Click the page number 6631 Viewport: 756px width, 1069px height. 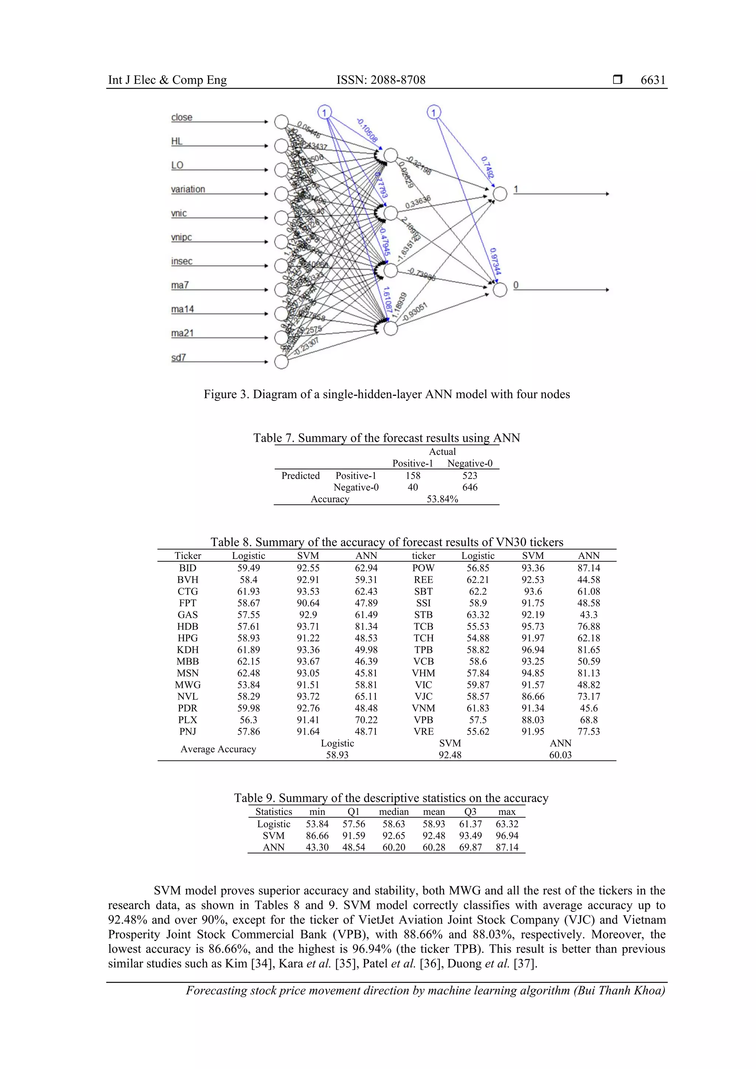[653, 80]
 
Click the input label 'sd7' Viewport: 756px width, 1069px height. [178, 358]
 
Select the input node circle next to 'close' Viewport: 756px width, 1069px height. [281, 122]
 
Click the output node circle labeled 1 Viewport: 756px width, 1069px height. [500, 194]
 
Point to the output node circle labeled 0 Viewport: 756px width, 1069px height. [500, 290]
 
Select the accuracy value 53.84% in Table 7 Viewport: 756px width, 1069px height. [442, 499]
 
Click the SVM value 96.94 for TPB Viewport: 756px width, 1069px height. [533, 649]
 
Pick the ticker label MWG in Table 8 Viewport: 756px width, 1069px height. [188, 685]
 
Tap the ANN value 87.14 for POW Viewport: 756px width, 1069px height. [588, 568]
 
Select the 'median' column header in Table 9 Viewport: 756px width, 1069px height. [394, 811]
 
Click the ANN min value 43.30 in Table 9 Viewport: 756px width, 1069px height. [317, 847]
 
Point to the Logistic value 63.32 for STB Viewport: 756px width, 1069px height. [478, 615]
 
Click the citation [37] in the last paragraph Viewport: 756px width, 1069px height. [525, 963]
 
